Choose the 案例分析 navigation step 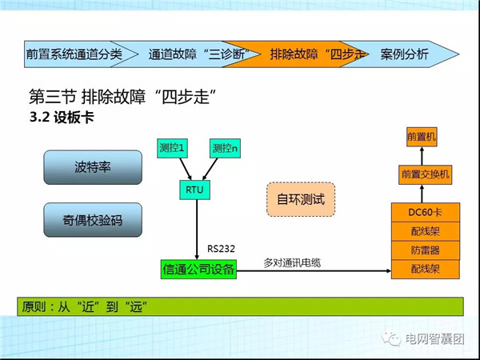405,54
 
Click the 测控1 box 172,149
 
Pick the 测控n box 225,149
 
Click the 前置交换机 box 425,173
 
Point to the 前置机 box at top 422,138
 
